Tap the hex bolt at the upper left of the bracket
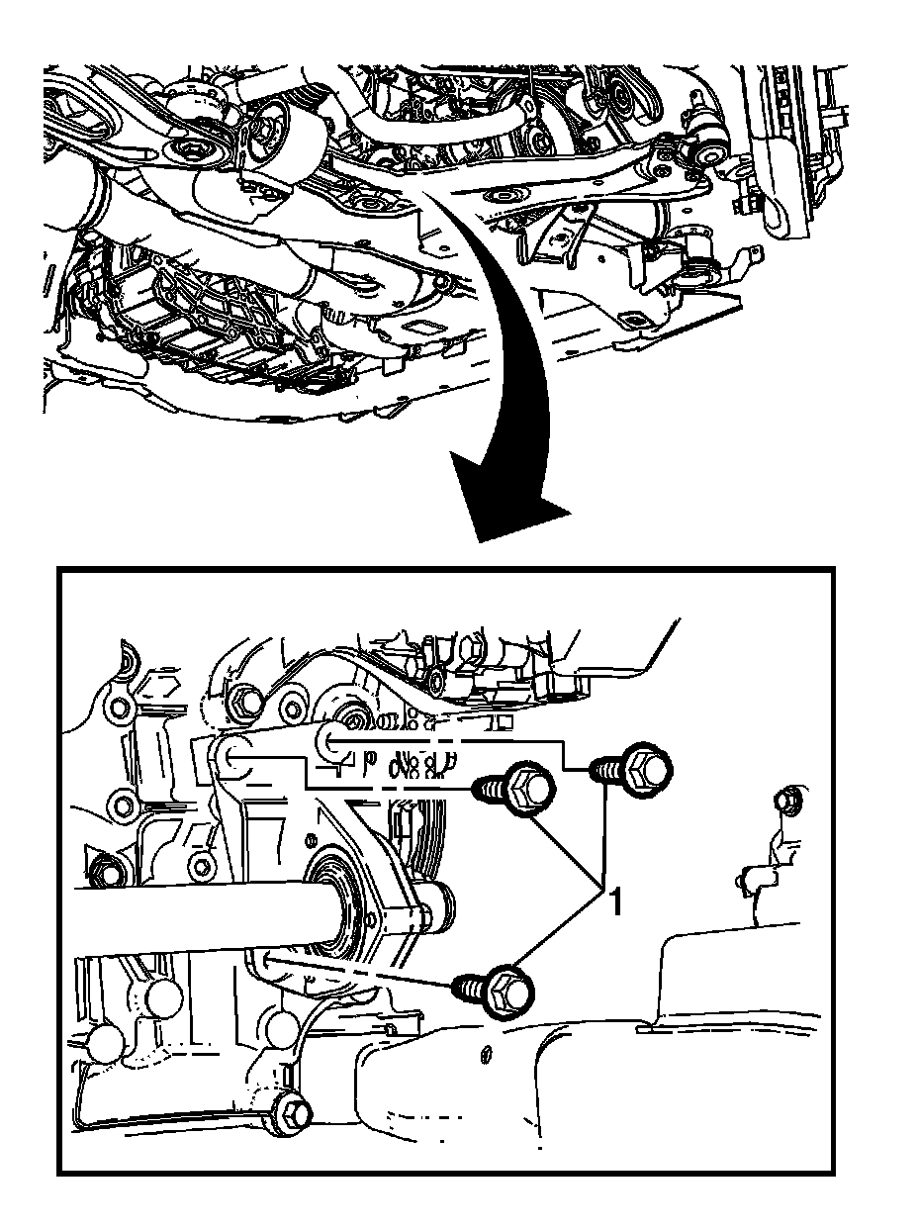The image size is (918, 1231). coord(247,702)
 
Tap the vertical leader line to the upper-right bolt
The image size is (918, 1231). coord(603,831)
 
